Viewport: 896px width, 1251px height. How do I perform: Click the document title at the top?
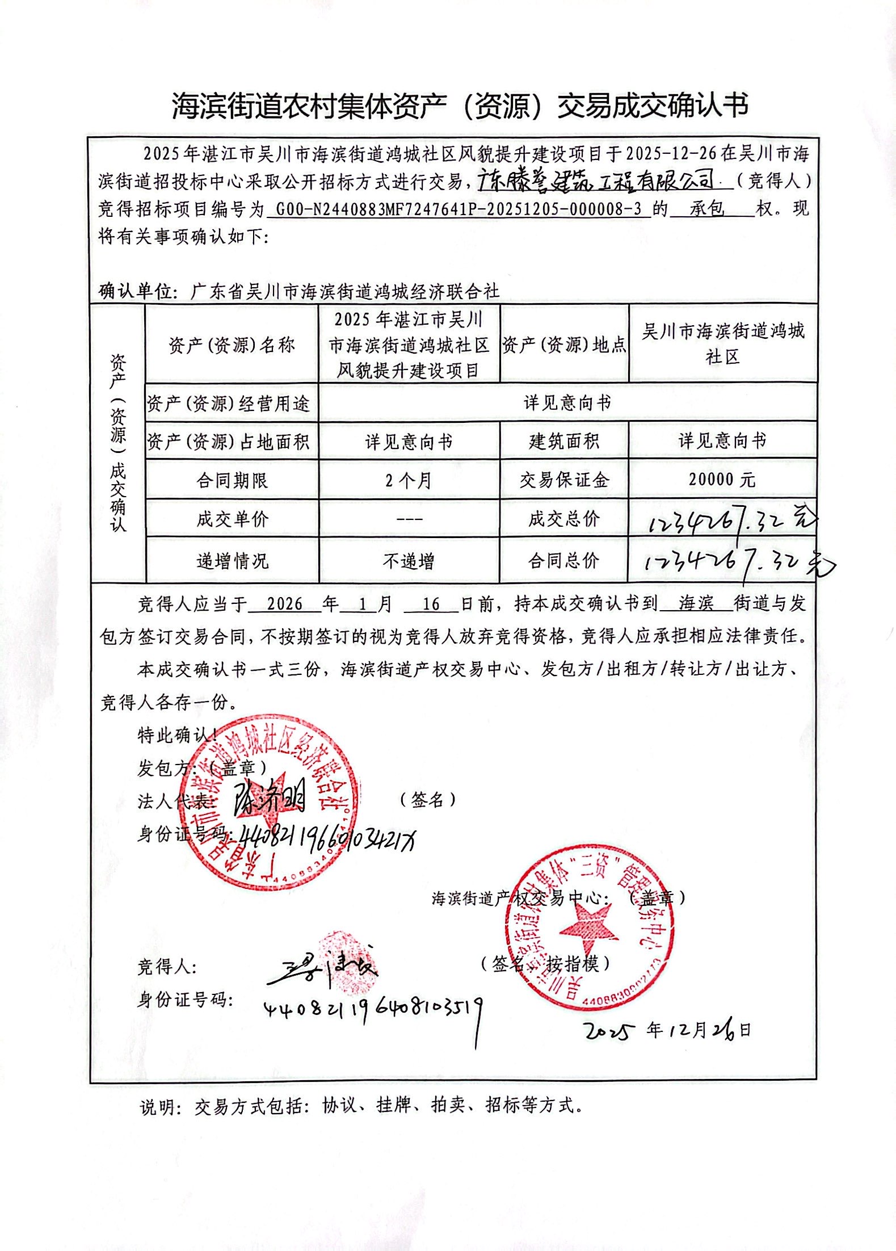[460, 106]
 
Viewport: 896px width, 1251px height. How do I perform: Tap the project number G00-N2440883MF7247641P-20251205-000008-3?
[460, 209]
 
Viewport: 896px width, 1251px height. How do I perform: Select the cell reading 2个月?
[409, 481]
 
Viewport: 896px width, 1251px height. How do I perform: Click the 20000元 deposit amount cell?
[722, 480]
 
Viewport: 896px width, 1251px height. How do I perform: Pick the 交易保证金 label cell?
[564, 480]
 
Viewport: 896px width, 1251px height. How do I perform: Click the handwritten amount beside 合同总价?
[735, 562]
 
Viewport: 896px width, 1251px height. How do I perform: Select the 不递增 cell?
[409, 561]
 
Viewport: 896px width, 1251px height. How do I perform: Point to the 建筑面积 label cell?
[564, 441]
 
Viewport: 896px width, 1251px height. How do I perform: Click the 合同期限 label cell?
[232, 481]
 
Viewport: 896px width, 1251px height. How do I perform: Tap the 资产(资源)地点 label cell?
[564, 345]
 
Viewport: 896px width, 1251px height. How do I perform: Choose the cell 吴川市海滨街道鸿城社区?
[722, 343]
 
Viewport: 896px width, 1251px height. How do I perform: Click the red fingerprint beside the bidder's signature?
[347, 959]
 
